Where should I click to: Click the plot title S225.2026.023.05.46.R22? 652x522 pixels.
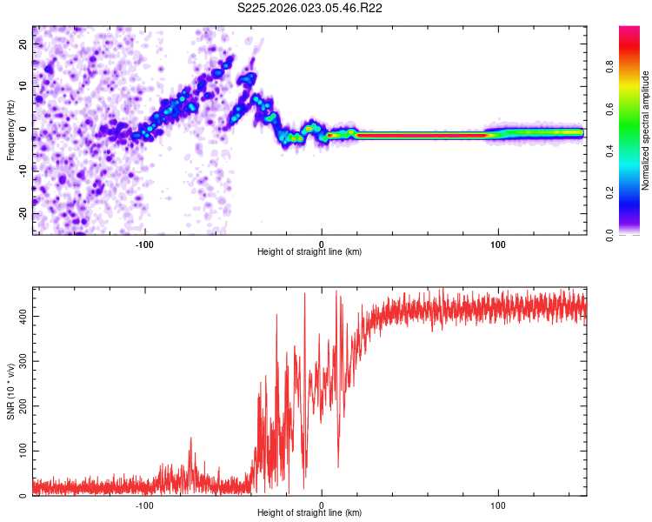310,9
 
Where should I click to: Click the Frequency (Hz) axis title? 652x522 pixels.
10,130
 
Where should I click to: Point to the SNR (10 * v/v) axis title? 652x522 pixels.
10,391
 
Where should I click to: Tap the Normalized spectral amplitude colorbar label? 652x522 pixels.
645,130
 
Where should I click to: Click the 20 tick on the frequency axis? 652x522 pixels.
23,43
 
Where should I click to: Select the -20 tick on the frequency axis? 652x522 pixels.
23,213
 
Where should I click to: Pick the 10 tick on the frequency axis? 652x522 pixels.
23,86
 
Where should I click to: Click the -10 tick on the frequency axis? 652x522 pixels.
23,171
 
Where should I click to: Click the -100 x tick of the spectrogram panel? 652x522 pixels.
144,244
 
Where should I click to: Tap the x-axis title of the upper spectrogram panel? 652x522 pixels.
309,252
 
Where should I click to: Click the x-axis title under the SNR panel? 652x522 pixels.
309,513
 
